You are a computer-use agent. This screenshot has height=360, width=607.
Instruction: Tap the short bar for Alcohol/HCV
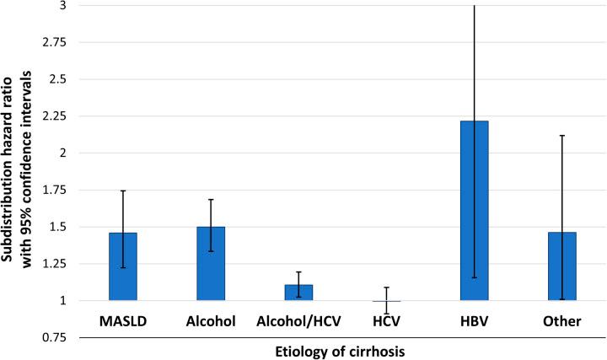[x=298, y=293]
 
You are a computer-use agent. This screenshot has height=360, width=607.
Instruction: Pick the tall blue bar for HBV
[x=474, y=211]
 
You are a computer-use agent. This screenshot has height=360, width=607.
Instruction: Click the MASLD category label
[x=123, y=321]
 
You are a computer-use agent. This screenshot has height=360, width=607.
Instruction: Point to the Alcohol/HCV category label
[x=298, y=321]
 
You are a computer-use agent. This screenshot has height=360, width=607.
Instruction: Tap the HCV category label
[x=386, y=321]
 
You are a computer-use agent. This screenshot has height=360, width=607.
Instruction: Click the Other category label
[x=561, y=321]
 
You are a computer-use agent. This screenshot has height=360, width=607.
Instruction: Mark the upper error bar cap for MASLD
[x=123, y=191]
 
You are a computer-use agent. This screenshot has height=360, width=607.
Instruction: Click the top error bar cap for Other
[x=561, y=135]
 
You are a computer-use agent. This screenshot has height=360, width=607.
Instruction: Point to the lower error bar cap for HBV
[x=474, y=277]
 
